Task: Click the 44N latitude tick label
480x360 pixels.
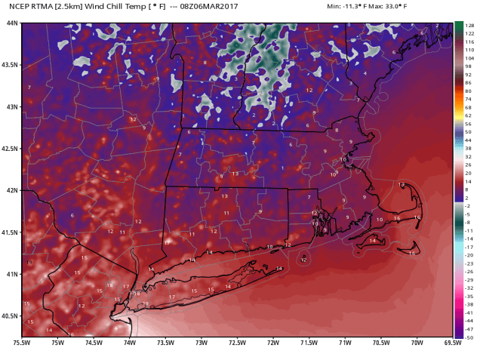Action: coord(11,23)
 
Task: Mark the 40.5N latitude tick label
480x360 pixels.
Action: coord(10,315)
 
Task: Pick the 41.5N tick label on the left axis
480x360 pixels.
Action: coord(10,232)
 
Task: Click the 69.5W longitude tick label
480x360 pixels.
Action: coord(452,344)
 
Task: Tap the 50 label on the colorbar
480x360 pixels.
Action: coord(468,131)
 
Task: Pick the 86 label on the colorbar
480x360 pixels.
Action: coord(468,83)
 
